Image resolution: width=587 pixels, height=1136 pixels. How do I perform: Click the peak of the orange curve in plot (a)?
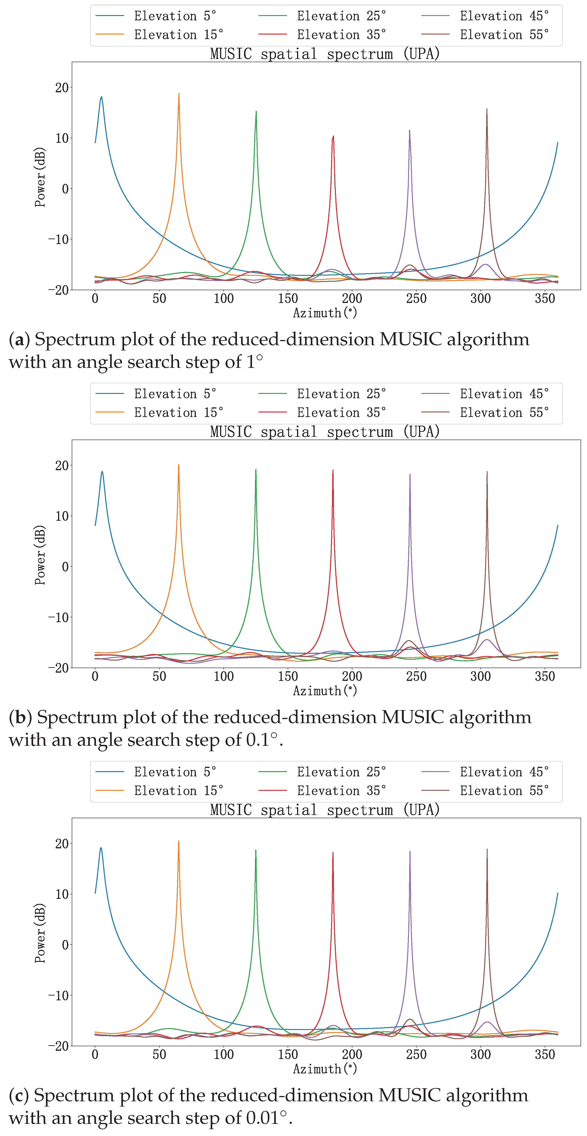point(179,93)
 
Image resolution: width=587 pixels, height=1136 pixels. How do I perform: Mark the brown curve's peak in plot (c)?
point(487,849)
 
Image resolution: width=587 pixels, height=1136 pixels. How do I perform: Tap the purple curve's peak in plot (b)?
point(410,475)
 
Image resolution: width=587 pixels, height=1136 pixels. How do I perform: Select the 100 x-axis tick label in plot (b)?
point(224,677)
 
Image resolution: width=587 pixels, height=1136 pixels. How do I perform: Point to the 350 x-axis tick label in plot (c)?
point(545,1054)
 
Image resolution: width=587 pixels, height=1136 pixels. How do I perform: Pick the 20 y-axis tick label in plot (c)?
point(62,844)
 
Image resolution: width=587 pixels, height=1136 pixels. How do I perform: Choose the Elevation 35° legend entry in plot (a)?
point(341,35)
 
